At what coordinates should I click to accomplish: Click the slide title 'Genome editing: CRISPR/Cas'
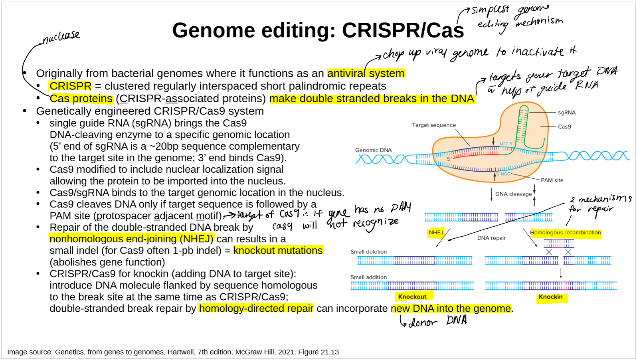coord(318,30)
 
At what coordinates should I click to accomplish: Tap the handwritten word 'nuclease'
coord(61,37)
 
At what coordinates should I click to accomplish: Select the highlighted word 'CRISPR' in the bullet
coord(71,86)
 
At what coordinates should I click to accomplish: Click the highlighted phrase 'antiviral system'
coord(366,73)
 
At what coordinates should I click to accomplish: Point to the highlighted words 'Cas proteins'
coord(81,99)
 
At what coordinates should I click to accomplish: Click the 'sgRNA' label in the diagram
coord(566,113)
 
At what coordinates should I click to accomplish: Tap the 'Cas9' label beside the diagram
coord(564,127)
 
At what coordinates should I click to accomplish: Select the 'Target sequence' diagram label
coord(433,125)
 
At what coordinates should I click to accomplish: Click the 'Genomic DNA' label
coord(373,150)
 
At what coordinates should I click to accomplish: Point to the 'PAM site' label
coord(552,180)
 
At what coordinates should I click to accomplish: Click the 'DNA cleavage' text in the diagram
coord(513,194)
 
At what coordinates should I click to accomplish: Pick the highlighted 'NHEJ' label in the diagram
coord(436,232)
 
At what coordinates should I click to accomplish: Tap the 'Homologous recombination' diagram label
coord(565,232)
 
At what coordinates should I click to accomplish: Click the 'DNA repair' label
coord(491,238)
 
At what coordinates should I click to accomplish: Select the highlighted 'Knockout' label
coord(412,297)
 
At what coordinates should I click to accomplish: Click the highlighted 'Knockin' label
coord(550,297)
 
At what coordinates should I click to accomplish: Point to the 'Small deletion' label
coord(368,252)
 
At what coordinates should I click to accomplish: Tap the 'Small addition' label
coord(368,277)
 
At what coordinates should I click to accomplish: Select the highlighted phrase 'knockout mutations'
coord(278,251)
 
